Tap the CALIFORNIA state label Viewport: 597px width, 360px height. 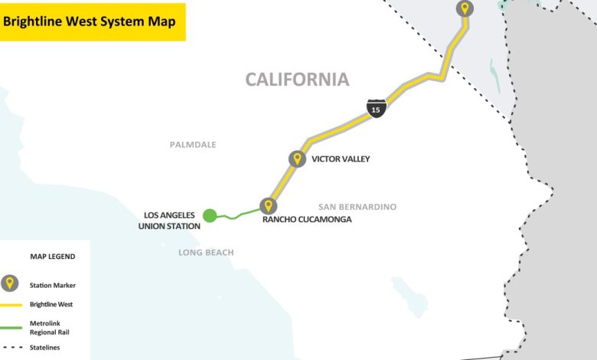[297, 79]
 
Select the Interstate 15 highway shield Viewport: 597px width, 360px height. [375, 109]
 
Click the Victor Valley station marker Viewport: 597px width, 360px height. [297, 159]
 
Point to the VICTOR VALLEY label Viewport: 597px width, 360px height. [341, 159]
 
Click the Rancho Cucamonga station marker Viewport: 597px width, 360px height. [268, 205]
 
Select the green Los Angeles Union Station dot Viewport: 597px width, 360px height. [210, 215]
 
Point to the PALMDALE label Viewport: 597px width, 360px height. [193, 144]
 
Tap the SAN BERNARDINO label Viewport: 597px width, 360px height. [357, 207]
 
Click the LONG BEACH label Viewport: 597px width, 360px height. [206, 252]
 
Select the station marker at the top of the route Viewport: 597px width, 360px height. [465, 8]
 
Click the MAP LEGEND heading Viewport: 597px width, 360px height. [52, 257]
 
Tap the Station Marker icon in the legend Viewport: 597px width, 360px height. [10, 284]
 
